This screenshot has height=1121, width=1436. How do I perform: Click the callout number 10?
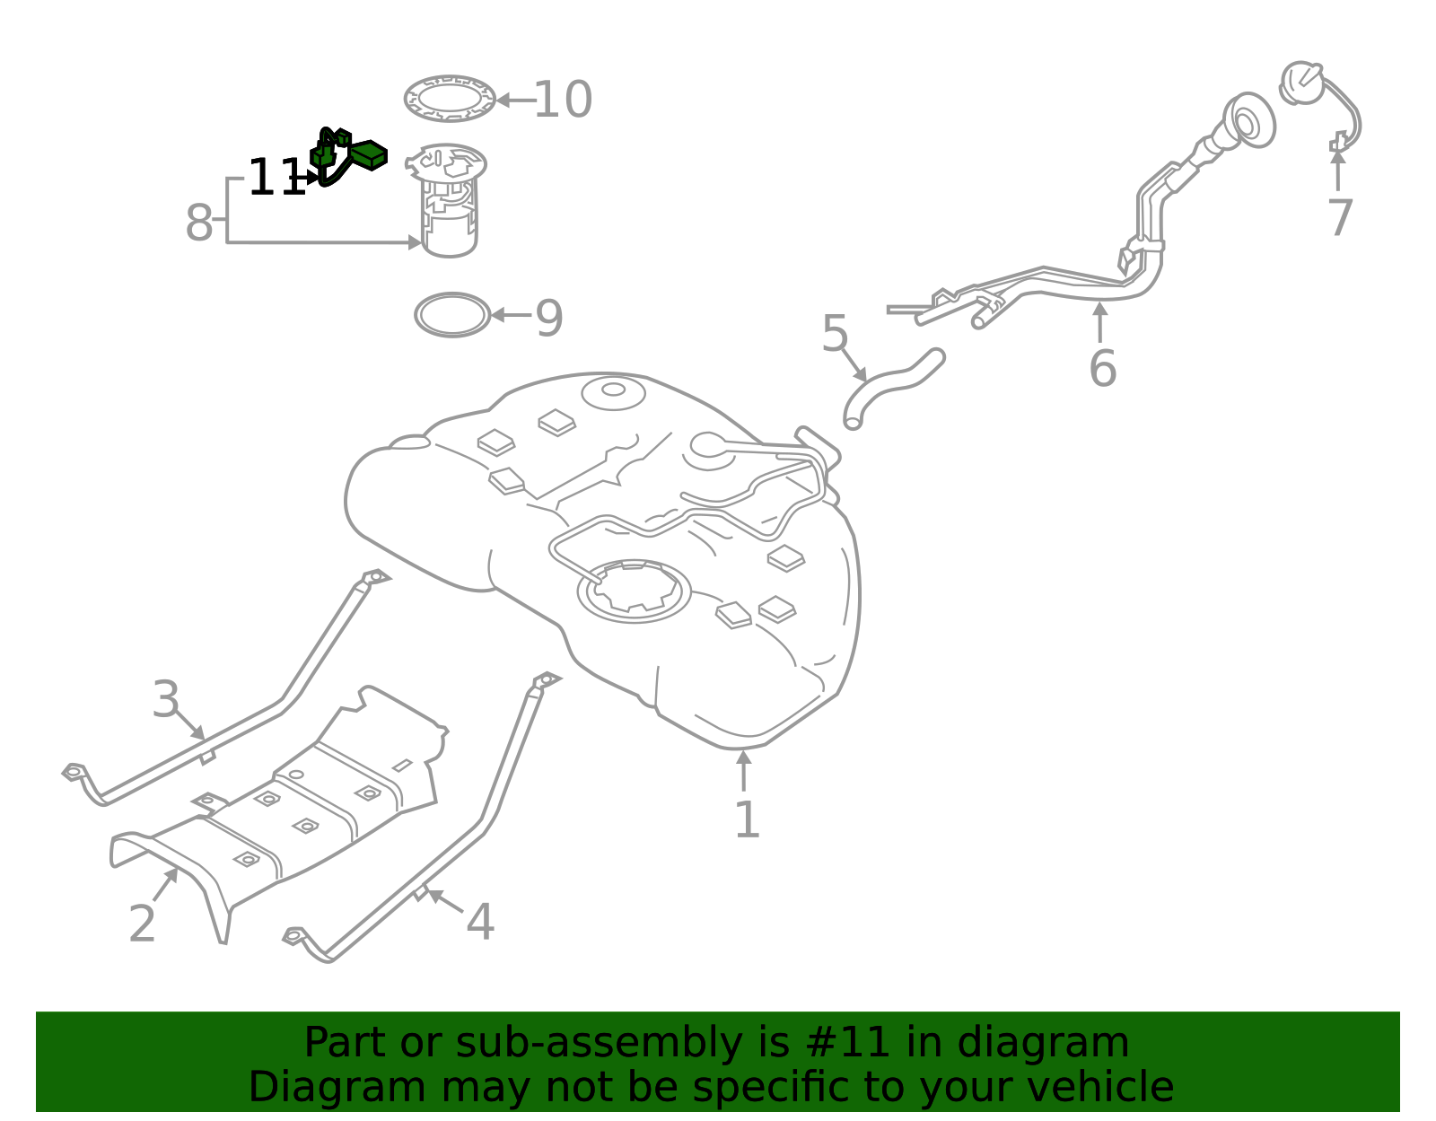pyautogui.click(x=563, y=100)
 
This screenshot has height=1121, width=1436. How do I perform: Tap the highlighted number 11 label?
pyautogui.click(x=275, y=178)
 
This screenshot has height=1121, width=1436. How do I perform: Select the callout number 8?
pyautogui.click(x=198, y=223)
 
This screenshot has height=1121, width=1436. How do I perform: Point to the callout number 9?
pyautogui.click(x=548, y=319)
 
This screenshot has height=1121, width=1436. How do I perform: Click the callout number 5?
pyautogui.click(x=835, y=335)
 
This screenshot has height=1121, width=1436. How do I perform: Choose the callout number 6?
pyautogui.click(x=1102, y=369)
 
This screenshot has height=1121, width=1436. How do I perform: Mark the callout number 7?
pyautogui.click(x=1339, y=219)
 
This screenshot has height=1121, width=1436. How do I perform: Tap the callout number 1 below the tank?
pyautogui.click(x=746, y=820)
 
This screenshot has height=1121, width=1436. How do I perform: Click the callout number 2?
pyautogui.click(x=142, y=924)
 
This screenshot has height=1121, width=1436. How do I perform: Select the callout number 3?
pyautogui.click(x=166, y=699)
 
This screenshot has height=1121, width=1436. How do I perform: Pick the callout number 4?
pyautogui.click(x=480, y=923)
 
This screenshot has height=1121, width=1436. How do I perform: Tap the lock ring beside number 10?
pyautogui.click(x=450, y=99)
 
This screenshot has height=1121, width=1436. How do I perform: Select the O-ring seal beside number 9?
pyautogui.click(x=452, y=315)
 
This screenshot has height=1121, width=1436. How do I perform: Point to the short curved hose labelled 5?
pyautogui.click(x=894, y=385)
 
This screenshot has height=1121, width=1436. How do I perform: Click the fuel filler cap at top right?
pyautogui.click(x=1301, y=83)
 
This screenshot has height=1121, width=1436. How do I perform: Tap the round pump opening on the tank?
pyautogui.click(x=634, y=591)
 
